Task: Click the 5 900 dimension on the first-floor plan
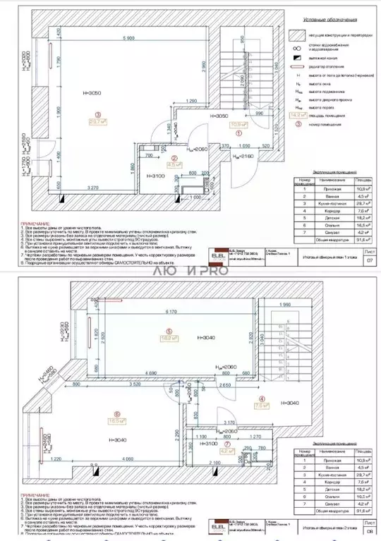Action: pos(128,38)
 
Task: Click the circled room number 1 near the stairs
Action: pos(238,131)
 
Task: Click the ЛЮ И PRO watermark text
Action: pos(190,270)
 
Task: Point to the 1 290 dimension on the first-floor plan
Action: pos(186,102)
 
